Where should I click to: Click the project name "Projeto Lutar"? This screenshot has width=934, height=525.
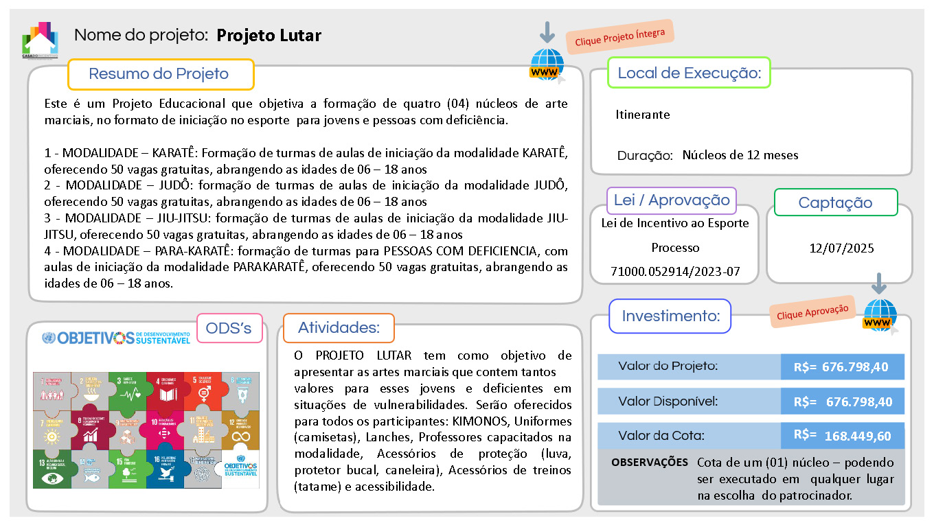(x=269, y=35)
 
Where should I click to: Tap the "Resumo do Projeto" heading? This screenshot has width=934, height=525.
(x=159, y=74)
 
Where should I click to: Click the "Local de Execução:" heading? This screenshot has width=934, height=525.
(x=689, y=73)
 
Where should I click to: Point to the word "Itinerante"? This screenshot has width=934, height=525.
(x=642, y=115)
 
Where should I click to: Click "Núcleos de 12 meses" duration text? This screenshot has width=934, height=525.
(x=740, y=155)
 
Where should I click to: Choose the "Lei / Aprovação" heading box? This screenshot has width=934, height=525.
(x=672, y=200)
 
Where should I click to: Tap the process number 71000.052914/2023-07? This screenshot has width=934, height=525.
(x=675, y=271)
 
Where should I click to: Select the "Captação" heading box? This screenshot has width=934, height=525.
(x=835, y=202)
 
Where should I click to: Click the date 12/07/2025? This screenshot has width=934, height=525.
(x=841, y=248)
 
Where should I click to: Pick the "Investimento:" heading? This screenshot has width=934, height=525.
(x=670, y=316)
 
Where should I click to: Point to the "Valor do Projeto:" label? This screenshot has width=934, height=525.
(x=668, y=366)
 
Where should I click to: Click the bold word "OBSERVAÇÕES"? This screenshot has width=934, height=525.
(x=649, y=463)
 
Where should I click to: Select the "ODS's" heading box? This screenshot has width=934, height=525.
(x=229, y=329)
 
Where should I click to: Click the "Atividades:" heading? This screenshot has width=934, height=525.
(x=339, y=328)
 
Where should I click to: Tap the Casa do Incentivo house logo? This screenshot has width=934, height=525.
(x=40, y=40)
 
